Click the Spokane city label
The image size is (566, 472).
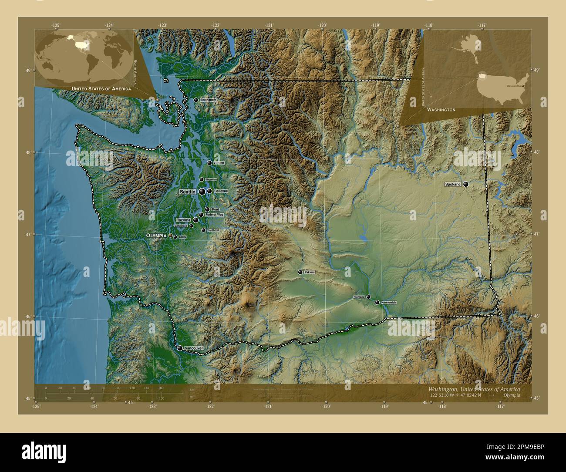453,185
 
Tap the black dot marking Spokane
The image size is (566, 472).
466,185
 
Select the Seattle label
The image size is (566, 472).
188,192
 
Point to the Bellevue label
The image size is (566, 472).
221,191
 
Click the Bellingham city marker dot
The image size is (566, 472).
196,100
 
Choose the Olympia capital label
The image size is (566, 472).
156,235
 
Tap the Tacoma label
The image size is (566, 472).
184,220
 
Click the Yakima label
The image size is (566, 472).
309,272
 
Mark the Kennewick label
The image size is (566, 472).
388,302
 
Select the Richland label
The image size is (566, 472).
359,297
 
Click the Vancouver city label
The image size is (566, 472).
194,348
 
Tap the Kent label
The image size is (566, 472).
215,209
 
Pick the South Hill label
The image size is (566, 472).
213,230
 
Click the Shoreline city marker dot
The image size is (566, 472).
201,179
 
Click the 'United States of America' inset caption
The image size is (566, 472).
101,89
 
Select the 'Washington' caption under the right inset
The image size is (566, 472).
441,110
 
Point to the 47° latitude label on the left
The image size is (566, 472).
28,235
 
